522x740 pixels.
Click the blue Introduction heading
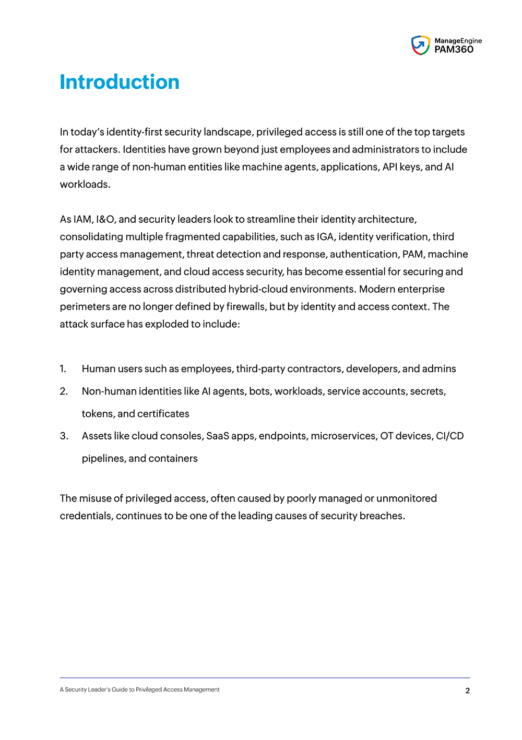120,82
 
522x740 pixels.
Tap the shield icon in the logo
420,45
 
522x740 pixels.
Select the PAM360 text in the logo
454,50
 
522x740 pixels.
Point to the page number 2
467,690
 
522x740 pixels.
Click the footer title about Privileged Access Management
139,690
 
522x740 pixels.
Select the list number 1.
63,369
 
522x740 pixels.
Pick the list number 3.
64,436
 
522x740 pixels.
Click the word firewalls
245,307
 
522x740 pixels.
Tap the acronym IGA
325,237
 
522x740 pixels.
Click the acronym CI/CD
449,436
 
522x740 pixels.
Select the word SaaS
218,436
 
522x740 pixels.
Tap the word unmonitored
406,498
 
